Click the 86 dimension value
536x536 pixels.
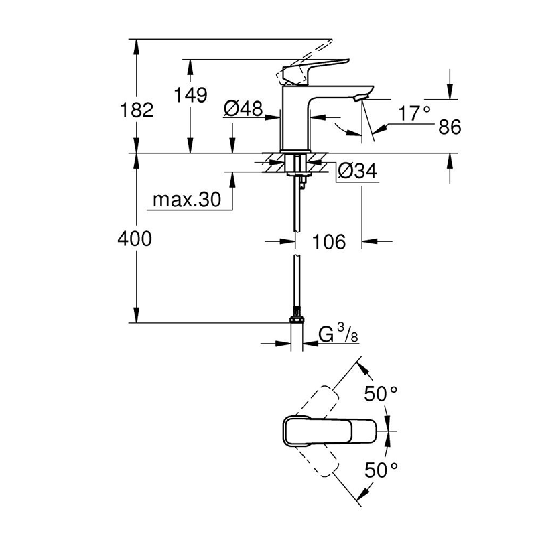(448, 128)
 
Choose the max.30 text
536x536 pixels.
(187, 200)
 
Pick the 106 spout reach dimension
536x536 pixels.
(328, 241)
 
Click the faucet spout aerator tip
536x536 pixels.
(360, 98)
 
